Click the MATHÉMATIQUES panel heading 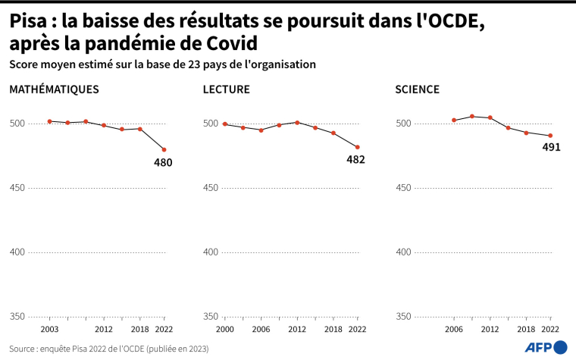54,89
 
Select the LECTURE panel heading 227,89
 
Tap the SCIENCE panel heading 417,89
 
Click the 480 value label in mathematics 163,162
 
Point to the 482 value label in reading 355,160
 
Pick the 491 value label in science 551,148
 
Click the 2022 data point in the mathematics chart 164,149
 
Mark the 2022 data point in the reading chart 357,147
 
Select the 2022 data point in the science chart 550,136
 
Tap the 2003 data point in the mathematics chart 49,121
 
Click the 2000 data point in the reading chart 225,124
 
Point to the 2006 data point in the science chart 454,120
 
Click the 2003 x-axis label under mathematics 49,330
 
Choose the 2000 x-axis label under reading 225,330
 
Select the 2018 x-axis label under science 526,330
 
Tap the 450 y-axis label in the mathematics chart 17,188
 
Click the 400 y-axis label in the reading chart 211,252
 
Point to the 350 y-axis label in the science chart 405,317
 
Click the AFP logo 546,346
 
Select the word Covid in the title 228,43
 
